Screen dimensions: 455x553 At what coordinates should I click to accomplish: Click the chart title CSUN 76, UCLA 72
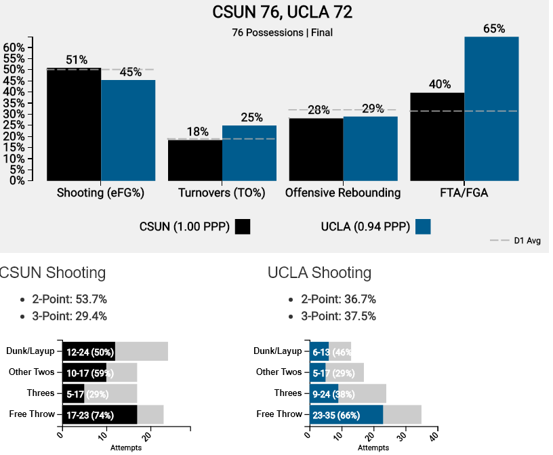(282, 13)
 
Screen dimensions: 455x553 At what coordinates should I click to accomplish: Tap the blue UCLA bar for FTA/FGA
(491, 108)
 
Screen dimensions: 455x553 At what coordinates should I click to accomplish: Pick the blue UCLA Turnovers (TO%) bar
(249, 153)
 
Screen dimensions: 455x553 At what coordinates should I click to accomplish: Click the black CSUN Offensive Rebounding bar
(316, 149)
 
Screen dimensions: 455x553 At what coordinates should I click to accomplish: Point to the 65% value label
(494, 28)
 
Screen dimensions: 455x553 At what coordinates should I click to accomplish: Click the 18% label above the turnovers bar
(198, 132)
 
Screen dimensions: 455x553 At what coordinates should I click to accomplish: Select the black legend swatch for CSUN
(243, 226)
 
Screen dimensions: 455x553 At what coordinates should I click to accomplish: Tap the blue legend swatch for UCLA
(423, 226)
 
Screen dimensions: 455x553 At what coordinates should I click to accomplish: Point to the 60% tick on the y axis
(14, 47)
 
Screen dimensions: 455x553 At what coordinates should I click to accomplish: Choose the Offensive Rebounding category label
(343, 193)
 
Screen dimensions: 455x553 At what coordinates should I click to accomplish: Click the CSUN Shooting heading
(52, 273)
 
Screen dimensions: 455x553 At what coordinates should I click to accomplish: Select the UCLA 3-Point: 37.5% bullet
(338, 316)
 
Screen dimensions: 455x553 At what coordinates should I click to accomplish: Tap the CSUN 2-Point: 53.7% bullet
(69, 299)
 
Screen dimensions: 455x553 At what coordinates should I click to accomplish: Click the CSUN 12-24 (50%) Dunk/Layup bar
(89, 351)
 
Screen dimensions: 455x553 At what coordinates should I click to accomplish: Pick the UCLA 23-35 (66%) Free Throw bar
(346, 414)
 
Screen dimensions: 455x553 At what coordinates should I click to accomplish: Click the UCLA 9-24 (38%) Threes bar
(324, 393)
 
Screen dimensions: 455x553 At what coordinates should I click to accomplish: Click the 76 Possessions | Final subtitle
(282, 32)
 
